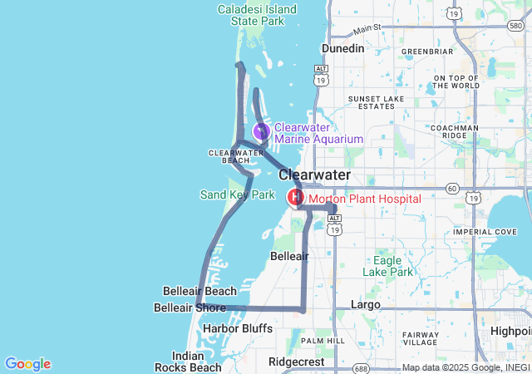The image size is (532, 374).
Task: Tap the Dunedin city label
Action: [x=343, y=48]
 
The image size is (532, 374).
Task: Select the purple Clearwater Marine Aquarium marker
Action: [x=261, y=131]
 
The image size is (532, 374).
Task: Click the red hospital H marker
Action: [x=295, y=198]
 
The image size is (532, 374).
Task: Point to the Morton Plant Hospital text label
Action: [x=364, y=199]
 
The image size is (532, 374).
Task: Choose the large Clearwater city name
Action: [x=314, y=175]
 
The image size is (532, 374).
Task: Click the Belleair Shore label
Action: [x=190, y=308]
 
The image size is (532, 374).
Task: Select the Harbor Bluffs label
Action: [x=237, y=328]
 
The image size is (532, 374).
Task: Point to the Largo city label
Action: [x=366, y=304]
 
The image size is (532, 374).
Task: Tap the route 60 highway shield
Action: [x=451, y=189]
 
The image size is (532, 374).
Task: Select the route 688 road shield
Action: [x=360, y=368]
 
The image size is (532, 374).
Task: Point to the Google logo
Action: [x=27, y=364]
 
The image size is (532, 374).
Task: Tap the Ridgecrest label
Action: [x=297, y=362]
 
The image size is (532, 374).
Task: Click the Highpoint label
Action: [x=510, y=330]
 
